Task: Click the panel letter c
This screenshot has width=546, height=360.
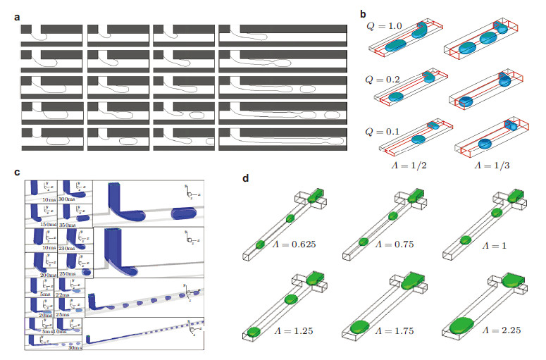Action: tap(16, 173)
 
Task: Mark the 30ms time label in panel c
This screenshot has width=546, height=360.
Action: tap(75, 347)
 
